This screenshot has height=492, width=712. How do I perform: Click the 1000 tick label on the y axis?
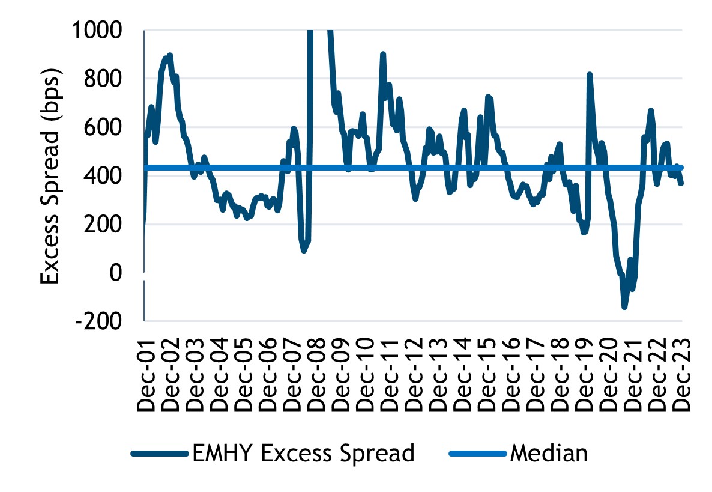pos(107,29)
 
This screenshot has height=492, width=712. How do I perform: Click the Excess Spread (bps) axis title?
pos(52,178)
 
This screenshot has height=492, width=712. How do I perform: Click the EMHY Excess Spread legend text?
pos(303,452)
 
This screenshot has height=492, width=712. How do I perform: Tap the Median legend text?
pos(549,452)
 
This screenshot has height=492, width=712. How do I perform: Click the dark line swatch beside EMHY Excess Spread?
pos(158,453)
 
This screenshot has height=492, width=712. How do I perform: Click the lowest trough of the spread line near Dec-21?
pos(624,307)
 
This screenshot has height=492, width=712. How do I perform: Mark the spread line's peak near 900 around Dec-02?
pos(170,55)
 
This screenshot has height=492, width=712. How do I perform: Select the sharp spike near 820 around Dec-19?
pos(590,74)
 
